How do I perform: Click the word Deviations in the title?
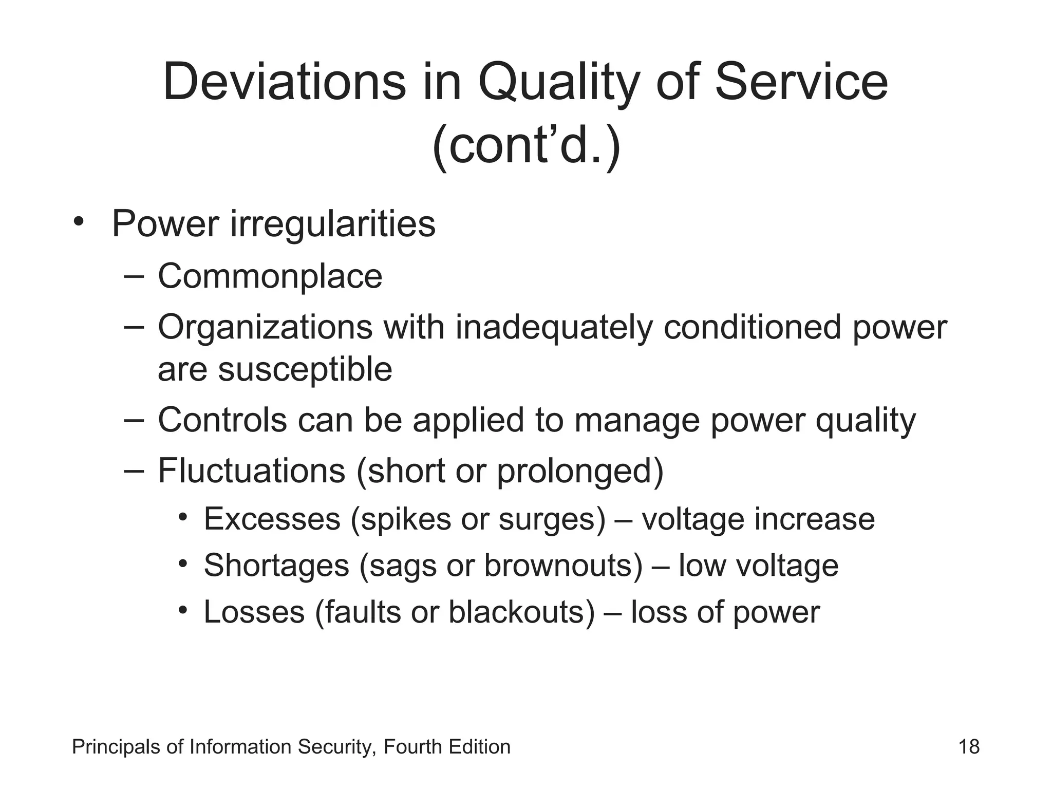[x=284, y=82]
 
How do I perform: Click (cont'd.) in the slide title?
[x=526, y=146]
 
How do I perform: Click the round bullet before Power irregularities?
[x=78, y=222]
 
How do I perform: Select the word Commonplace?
[x=270, y=276]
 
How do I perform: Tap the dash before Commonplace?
[x=133, y=276]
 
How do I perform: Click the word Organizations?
[x=265, y=327]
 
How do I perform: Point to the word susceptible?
[x=305, y=370]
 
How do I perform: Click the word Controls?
[x=222, y=420]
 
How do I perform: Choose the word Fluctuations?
[x=251, y=471]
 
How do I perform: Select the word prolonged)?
[x=580, y=472]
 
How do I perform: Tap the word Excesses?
[x=272, y=519]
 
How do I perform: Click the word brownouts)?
[x=563, y=566]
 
